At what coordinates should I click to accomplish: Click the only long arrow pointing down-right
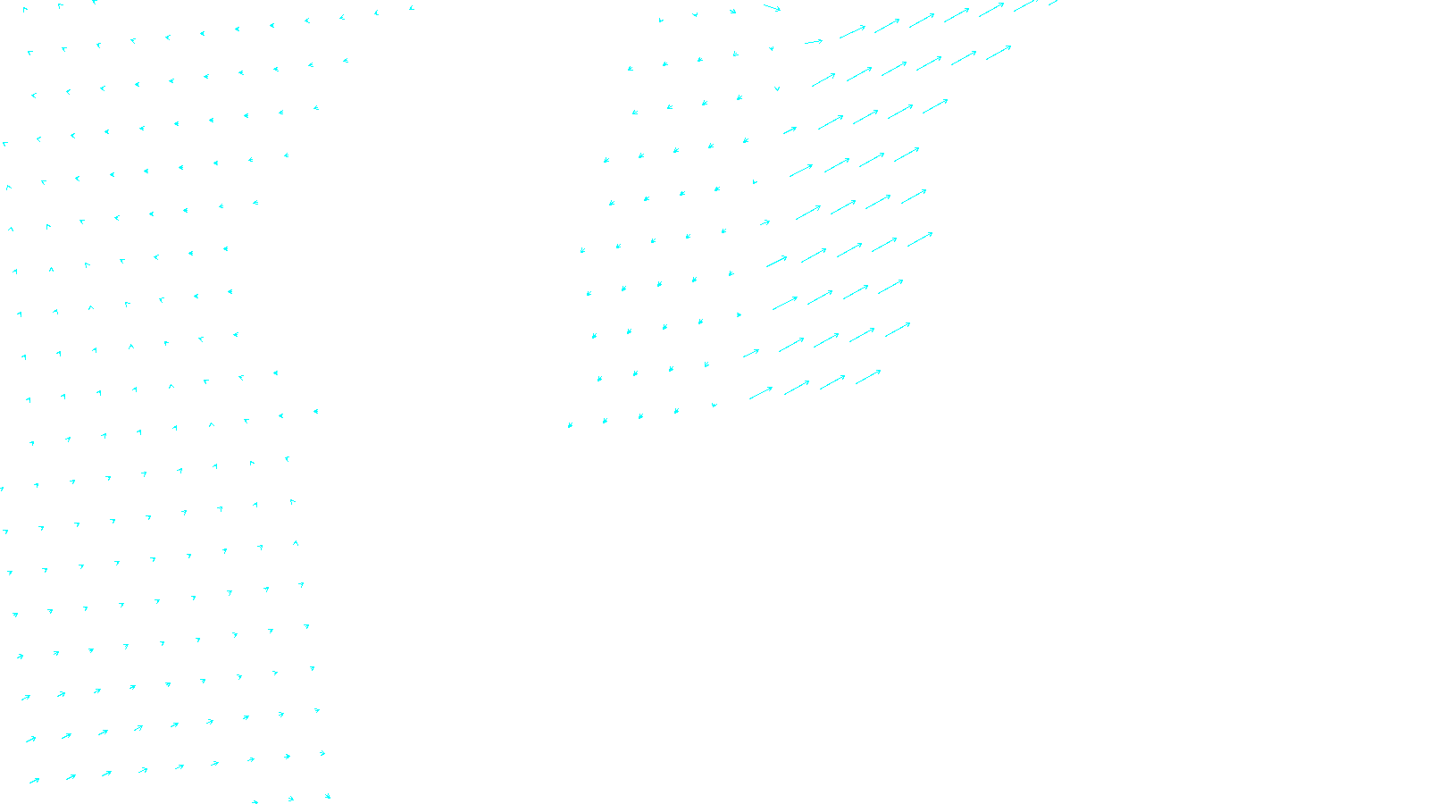[x=772, y=8]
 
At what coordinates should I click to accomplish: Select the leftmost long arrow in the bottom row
[x=761, y=393]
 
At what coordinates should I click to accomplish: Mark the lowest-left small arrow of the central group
[x=570, y=425]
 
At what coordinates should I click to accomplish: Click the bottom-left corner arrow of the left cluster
[x=34, y=781]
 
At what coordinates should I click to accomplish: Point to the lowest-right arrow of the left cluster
[x=327, y=795]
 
